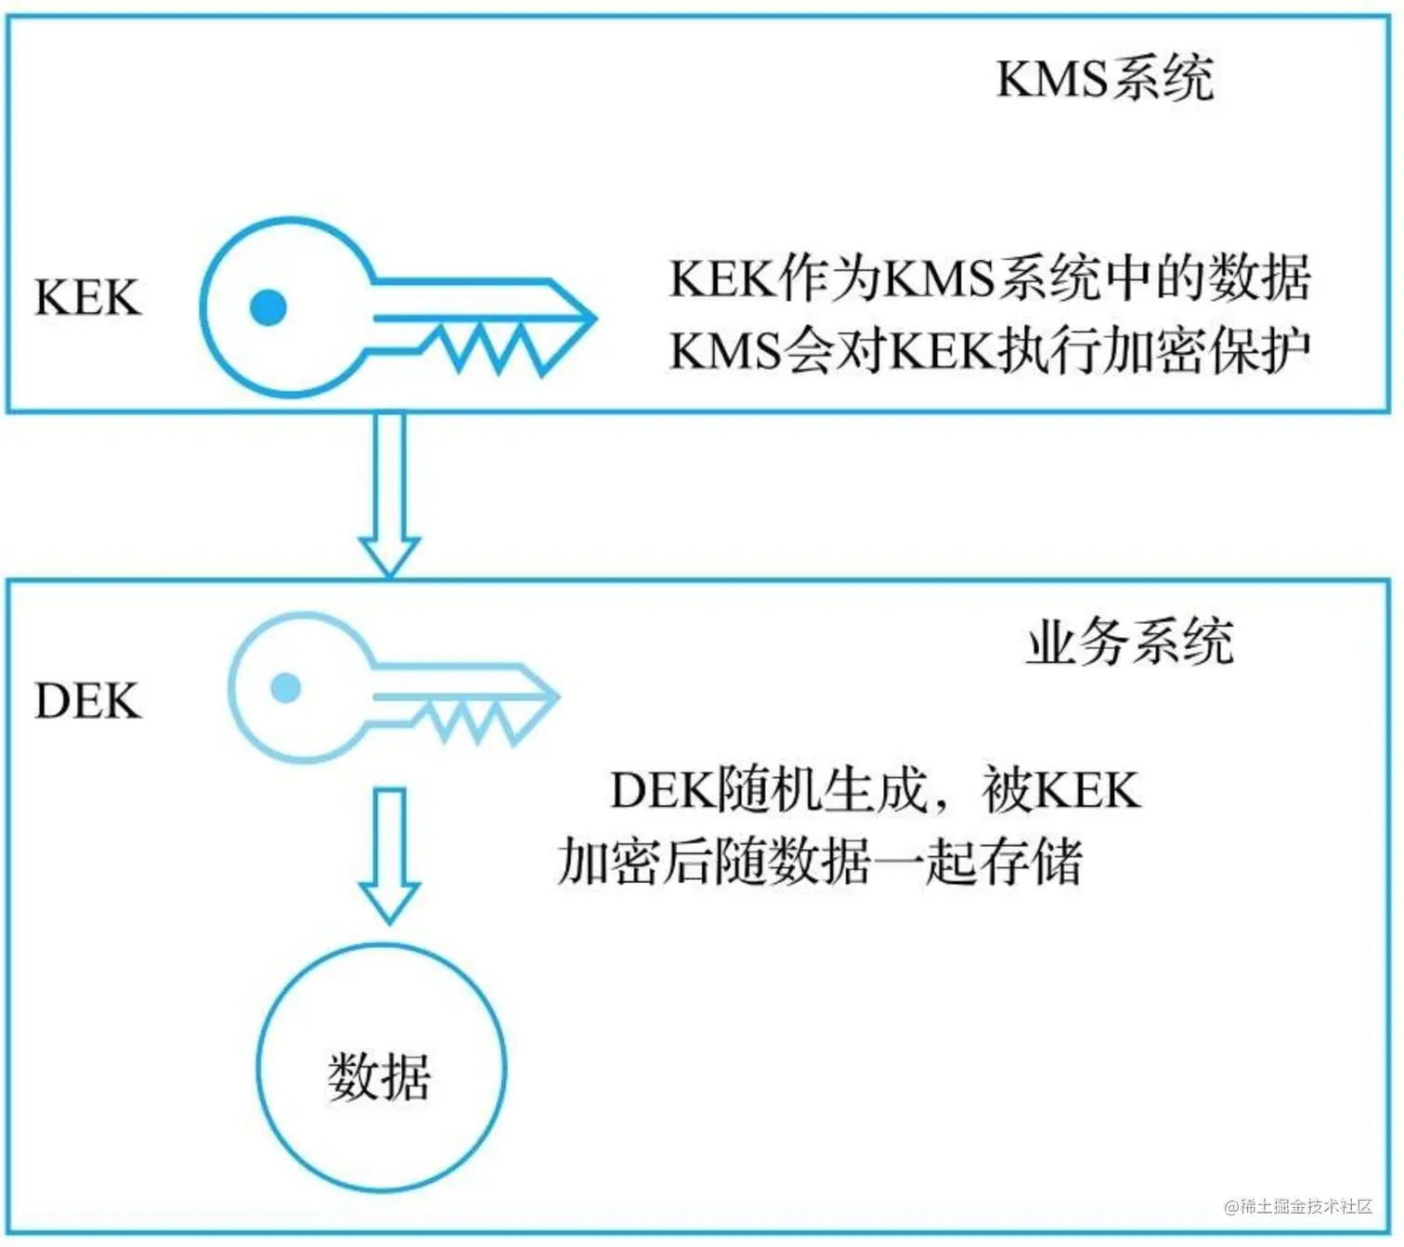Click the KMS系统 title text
click(1104, 78)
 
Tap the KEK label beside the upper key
click(87, 298)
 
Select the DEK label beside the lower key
click(87, 701)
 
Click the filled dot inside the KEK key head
click(268, 307)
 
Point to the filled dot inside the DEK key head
click(286, 688)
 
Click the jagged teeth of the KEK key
click(492, 345)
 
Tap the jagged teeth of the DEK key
click(474, 721)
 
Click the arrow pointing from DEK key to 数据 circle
click(390, 854)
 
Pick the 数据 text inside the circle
click(380, 1077)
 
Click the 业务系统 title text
click(1129, 642)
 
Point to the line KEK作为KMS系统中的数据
click(989, 278)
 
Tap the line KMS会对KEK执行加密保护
click(989, 351)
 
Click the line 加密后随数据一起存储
click(820, 862)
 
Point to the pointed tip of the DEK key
click(554, 695)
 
